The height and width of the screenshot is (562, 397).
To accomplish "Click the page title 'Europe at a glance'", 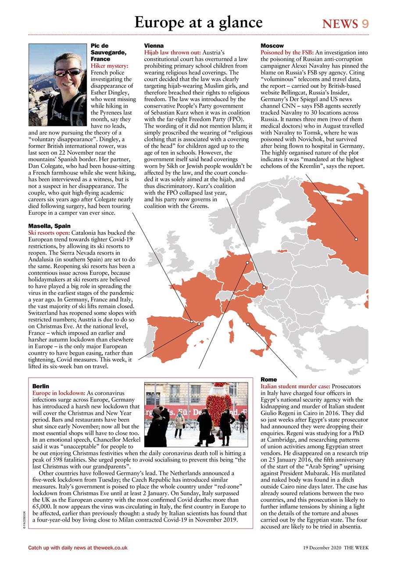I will click(198, 22).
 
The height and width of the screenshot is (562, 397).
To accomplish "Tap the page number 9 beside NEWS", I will click(365, 24).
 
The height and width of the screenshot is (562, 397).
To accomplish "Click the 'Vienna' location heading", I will click(154, 46).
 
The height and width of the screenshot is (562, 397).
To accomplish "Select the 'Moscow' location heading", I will click(272, 46).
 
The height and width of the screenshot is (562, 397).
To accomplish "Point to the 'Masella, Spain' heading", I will click(49, 226).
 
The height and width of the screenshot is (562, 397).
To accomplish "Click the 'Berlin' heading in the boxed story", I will click(41, 386).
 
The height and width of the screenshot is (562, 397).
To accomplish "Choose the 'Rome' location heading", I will click(268, 379).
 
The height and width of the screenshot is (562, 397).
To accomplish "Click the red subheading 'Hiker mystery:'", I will click(109, 65).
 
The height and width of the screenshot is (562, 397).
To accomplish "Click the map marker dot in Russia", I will click(356, 239).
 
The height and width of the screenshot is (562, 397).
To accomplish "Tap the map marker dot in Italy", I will click(248, 324).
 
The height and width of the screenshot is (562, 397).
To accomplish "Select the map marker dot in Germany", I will click(247, 263).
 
